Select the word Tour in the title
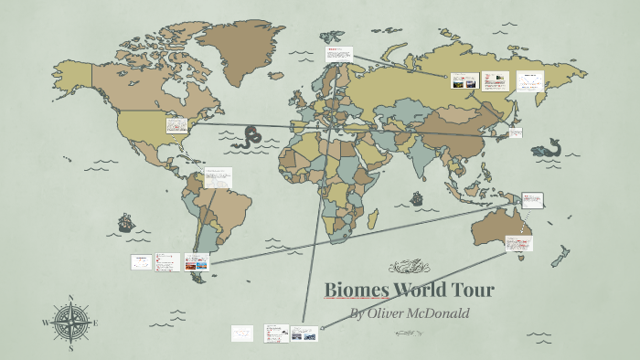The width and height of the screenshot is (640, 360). tap(472, 291)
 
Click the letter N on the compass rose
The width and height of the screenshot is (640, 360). tap(71, 297)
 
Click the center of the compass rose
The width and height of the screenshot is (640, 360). tap(71, 323)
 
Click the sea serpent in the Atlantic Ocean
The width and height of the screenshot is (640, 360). tap(248, 138)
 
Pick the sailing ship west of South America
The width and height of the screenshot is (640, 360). tap(125, 222)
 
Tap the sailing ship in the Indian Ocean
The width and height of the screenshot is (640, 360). tap(417, 197)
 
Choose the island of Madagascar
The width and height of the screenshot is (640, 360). tap(374, 218)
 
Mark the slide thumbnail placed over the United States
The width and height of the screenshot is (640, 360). tap(176, 126)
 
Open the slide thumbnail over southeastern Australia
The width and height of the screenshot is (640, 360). tap(517, 244)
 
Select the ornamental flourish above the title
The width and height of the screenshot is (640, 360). tap(409, 267)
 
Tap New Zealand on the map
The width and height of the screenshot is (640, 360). tap(557, 258)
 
